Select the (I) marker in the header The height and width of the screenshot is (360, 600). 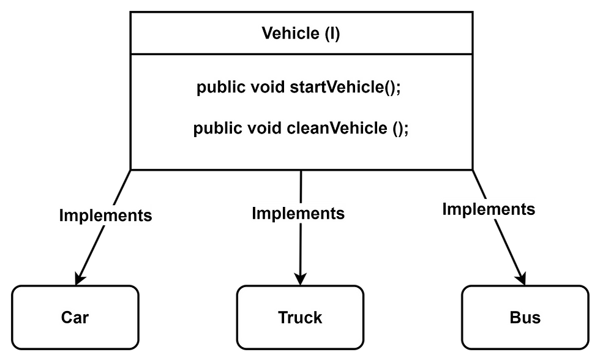[x=331, y=33]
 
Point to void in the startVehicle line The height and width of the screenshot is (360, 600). [x=268, y=88]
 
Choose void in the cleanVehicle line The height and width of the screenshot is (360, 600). [x=264, y=129]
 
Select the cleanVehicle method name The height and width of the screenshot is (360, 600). [x=337, y=129]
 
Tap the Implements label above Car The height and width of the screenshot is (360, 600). [x=105, y=216]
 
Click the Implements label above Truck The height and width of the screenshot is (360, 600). [x=298, y=214]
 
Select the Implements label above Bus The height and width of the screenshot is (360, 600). [x=489, y=209]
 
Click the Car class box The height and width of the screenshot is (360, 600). [x=75, y=317]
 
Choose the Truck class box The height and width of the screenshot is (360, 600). [x=300, y=317]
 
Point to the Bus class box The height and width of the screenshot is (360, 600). [x=525, y=317]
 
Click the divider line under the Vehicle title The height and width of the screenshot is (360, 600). [x=301, y=54]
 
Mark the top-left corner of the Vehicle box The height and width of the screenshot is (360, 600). [x=132, y=14]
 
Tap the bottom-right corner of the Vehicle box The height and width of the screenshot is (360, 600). [x=471, y=168]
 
